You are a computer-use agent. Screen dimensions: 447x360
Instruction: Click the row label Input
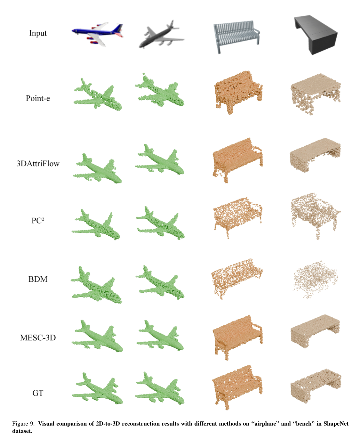coord(38,33)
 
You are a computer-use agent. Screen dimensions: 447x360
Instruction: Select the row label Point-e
coord(38,98)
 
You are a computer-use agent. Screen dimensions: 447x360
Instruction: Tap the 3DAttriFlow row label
coord(38,164)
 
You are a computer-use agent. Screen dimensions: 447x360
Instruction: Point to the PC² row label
coord(38,221)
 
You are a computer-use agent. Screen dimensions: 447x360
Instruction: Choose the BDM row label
coord(38,279)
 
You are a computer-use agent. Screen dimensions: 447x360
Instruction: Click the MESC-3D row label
coord(38,338)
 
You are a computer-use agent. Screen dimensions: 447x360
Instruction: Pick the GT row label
coord(38,393)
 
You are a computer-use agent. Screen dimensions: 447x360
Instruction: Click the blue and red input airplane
coord(97,34)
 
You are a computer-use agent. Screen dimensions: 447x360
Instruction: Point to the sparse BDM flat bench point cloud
coord(315,279)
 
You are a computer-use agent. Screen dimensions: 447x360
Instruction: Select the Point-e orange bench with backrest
coord(238,91)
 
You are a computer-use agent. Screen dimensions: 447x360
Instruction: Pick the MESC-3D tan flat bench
coord(315,331)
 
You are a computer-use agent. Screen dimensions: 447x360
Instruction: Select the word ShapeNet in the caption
coord(336,424)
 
